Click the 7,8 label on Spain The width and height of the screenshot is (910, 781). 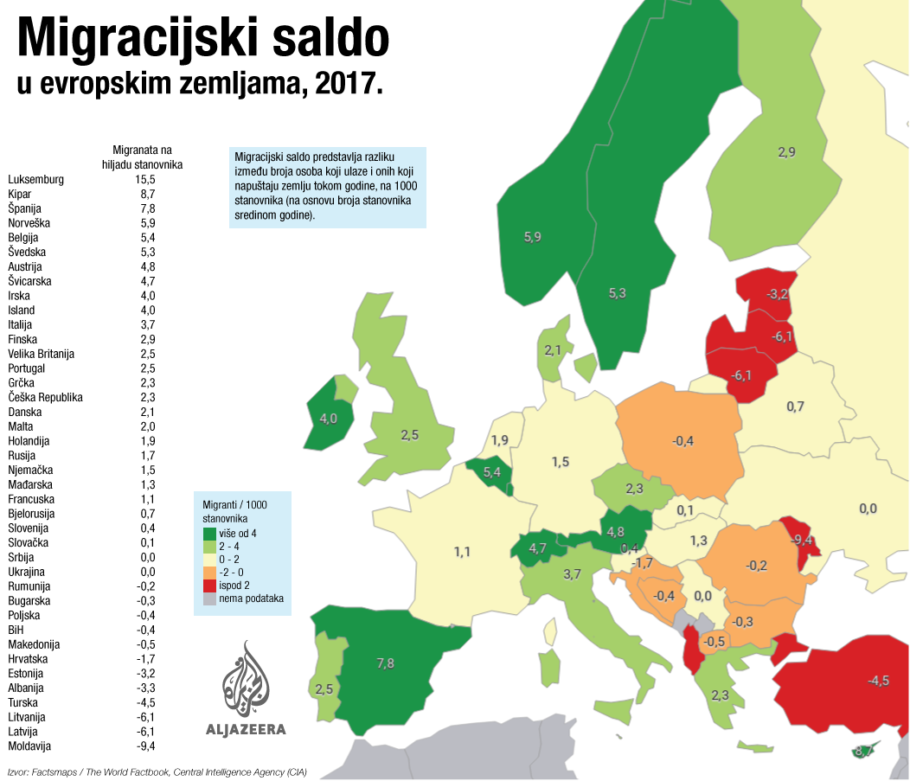[x=385, y=663]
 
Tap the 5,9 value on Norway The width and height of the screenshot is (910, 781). [x=533, y=237]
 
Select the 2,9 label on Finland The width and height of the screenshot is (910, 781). [x=786, y=153]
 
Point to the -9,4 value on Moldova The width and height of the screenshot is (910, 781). [x=802, y=540]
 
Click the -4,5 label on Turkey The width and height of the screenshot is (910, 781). [x=878, y=681]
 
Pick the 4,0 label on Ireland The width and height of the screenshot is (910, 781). [x=329, y=419]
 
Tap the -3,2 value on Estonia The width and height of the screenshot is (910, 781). [x=777, y=294]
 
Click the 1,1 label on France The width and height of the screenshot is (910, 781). [x=462, y=551]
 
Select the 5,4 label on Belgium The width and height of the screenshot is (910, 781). [x=492, y=472]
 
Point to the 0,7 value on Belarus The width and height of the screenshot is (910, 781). [x=795, y=407]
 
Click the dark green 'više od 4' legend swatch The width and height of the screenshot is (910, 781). [x=209, y=534]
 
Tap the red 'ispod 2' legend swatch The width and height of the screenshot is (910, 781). [x=209, y=586]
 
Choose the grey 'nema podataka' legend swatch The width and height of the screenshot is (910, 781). [x=209, y=599]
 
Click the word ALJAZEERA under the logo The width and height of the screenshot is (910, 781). [x=246, y=729]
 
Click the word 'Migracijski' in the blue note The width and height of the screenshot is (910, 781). [x=259, y=157]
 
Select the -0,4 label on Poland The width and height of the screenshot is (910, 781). [x=682, y=442]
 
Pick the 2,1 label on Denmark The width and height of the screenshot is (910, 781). [x=553, y=350]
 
